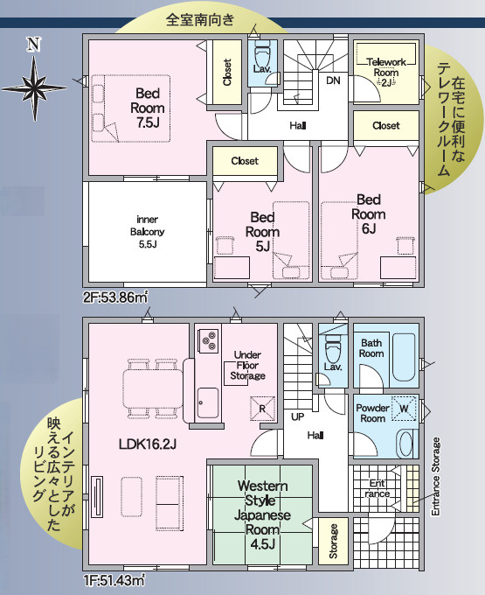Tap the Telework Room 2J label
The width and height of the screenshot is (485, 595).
(386, 72)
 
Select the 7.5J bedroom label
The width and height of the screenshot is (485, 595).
(148, 108)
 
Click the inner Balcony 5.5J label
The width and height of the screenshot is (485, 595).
(148, 232)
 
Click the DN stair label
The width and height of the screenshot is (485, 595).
(333, 80)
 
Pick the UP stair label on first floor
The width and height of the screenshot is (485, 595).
(297, 416)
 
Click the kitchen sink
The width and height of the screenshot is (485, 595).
(208, 402)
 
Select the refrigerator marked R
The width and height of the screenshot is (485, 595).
(262, 409)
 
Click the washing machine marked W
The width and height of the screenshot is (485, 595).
(404, 409)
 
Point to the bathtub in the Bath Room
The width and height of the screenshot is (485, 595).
(404, 358)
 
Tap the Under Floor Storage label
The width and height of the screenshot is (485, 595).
(247, 365)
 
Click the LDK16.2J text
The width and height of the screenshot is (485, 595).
(147, 444)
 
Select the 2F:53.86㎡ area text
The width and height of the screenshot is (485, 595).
(115, 297)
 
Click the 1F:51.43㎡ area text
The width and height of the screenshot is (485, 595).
(114, 581)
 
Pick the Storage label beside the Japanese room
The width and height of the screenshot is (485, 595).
(334, 541)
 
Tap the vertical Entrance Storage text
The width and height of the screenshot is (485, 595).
(436, 476)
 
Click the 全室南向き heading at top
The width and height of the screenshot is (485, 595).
(200, 20)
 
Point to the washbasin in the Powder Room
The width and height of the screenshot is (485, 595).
(405, 444)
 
